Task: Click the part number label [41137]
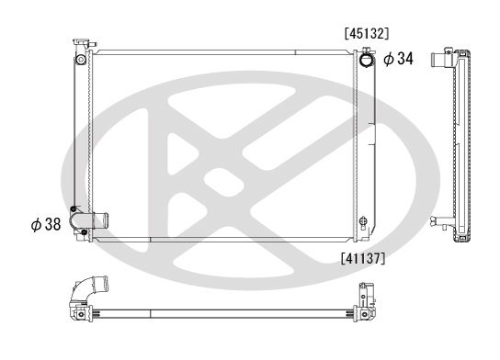tap(362, 257)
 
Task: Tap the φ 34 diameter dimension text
tap(398, 59)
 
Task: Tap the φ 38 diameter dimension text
tap(45, 223)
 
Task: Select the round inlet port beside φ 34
tap(366, 60)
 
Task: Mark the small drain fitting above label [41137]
tap(365, 222)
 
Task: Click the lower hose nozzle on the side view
tap(438, 219)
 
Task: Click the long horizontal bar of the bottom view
tap(221, 309)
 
